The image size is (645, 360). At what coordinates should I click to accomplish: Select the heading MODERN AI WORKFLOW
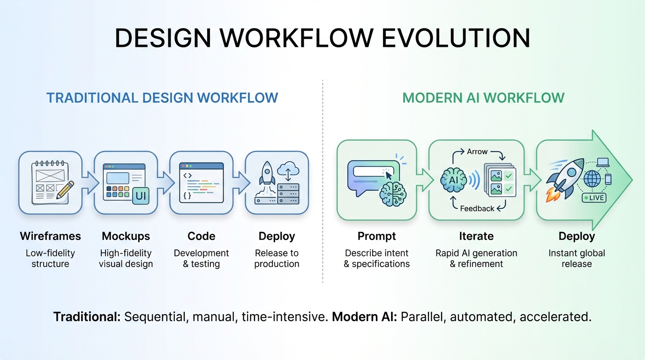[x=483, y=97]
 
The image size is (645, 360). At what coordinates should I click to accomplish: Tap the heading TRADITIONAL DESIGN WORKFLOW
[x=162, y=97]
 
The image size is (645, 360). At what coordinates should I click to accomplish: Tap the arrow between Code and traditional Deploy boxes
[x=240, y=182]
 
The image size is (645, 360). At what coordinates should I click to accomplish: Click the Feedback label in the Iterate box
[x=477, y=209]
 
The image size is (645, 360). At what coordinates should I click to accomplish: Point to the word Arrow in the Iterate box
[x=477, y=152]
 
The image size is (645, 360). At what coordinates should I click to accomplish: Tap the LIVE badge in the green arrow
[x=594, y=198]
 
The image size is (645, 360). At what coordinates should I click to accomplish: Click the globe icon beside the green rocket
[x=592, y=179]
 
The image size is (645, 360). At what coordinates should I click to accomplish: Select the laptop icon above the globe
[x=603, y=162]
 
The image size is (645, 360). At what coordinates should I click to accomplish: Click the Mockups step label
[x=126, y=236]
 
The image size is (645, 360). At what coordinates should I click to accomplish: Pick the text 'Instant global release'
[x=577, y=258]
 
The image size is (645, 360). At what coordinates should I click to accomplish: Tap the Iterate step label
[x=476, y=236]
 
